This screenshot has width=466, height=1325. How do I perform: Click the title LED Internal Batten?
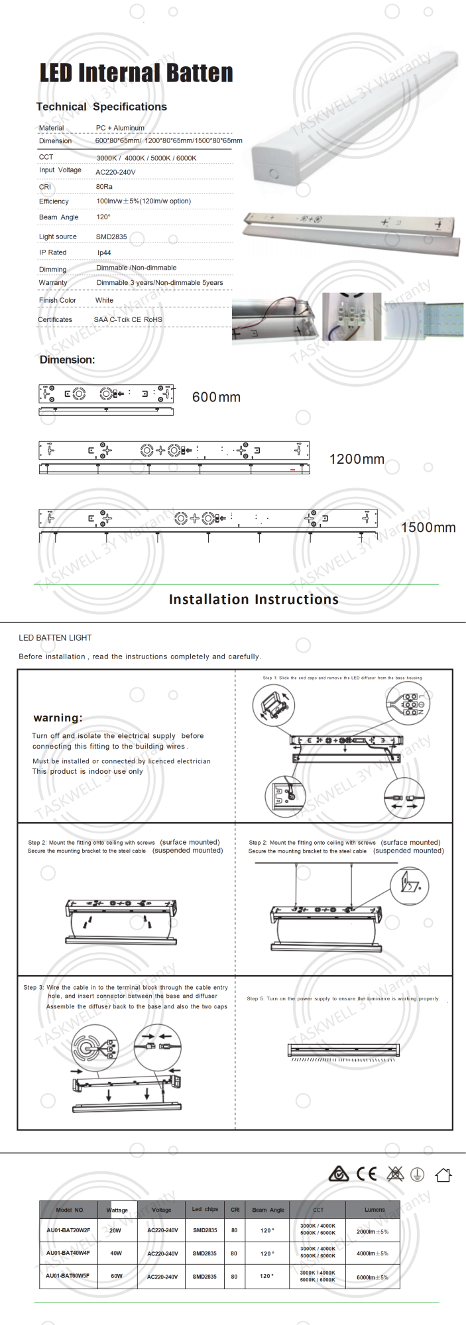coord(137,73)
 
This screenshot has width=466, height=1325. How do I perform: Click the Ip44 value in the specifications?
coord(104,252)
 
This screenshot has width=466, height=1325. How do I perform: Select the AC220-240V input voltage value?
coord(115,172)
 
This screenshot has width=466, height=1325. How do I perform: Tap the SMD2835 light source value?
coord(111,237)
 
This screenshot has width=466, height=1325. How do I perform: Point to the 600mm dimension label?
coord(216,397)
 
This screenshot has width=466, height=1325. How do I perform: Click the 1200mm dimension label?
coord(357,459)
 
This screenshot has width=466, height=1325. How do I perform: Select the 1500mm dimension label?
coord(428,527)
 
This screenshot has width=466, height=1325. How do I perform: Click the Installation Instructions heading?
coord(253,600)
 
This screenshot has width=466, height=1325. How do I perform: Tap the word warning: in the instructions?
coord(58,717)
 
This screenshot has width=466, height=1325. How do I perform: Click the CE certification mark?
coord(366,1175)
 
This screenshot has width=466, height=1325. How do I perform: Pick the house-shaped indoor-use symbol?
coord(443,1175)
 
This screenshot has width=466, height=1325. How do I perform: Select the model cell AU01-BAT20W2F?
coord(68,1230)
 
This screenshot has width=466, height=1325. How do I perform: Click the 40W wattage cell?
coord(116,1253)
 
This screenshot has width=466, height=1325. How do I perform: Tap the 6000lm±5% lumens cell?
coord(373,1277)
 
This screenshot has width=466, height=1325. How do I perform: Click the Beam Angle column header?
coord(268,1210)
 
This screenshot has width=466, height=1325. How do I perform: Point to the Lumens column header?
coord(375,1210)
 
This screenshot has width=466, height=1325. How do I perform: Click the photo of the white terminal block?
coord(351,317)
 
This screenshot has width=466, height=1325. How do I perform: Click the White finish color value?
coord(104,300)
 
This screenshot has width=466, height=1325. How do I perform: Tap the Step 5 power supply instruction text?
coord(343,998)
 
